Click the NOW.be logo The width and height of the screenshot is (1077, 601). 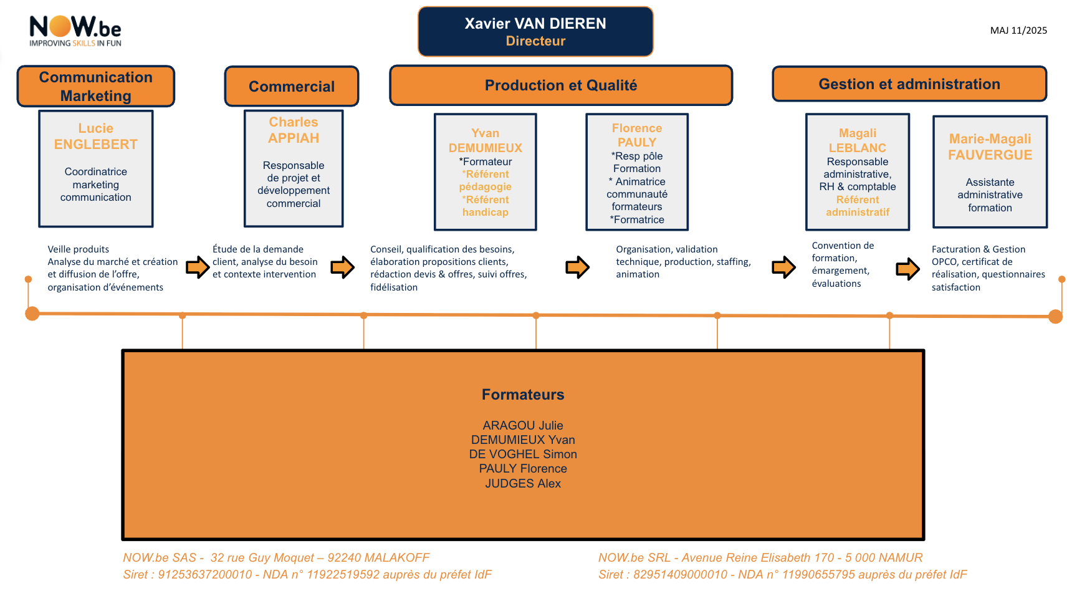point(75,31)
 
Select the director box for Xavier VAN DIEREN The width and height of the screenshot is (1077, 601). point(535,32)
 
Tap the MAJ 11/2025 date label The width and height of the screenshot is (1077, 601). point(1018,30)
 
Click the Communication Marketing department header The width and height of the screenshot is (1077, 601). point(96,86)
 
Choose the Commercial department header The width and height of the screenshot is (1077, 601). point(292,86)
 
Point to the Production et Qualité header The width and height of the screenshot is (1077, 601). point(561,85)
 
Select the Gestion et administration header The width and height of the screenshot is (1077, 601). point(909,84)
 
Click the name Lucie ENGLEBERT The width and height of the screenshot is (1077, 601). point(96,137)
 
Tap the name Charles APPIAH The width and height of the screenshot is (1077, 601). point(294,130)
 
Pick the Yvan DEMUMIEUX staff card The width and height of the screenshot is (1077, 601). point(486,172)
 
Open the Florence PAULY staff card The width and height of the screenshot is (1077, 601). point(637,172)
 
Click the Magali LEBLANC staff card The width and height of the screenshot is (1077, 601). point(858,172)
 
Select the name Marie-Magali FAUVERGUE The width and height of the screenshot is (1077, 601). point(990,147)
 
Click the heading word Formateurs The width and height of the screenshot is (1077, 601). point(523,395)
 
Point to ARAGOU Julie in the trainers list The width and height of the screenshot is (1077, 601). point(523,425)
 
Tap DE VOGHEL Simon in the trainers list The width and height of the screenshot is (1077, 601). point(523,454)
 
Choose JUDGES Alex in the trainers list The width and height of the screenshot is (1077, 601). point(523,483)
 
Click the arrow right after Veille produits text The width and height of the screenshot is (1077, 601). point(198,267)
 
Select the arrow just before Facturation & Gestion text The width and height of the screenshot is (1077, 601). point(908,269)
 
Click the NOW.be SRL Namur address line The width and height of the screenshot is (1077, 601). point(760,557)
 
